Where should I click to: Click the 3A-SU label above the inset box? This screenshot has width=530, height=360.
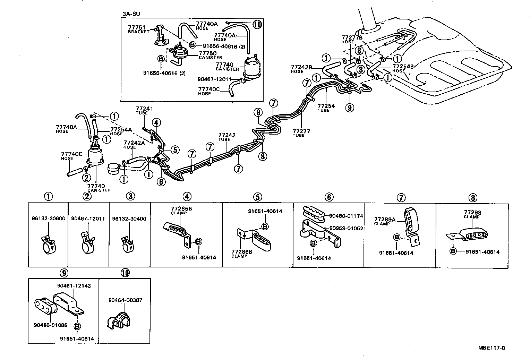(x=129, y=14)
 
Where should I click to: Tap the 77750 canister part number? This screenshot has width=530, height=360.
(x=208, y=53)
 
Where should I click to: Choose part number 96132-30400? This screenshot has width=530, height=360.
(x=129, y=219)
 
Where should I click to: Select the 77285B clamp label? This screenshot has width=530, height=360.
(x=181, y=209)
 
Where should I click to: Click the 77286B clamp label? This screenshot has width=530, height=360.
(x=242, y=252)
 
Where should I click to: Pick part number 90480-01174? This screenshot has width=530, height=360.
(x=346, y=216)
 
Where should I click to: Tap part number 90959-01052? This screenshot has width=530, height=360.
(x=346, y=228)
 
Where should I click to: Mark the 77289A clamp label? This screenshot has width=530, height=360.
(x=384, y=220)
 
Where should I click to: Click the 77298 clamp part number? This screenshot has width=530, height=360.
(x=473, y=213)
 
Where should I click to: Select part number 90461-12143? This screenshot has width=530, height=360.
(x=74, y=286)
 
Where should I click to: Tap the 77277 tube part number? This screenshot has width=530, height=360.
(x=301, y=131)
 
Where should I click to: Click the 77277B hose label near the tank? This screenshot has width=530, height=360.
(x=352, y=37)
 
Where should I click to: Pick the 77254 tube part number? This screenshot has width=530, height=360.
(x=326, y=106)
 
